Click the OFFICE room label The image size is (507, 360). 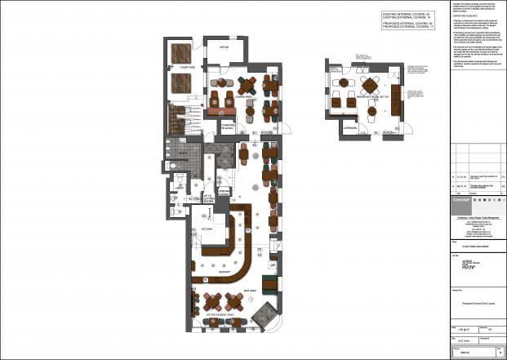pyautogui.click(x=223, y=48)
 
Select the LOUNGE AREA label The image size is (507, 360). pyautogui.click(x=241, y=96)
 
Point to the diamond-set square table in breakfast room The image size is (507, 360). pyautogui.click(x=370, y=83)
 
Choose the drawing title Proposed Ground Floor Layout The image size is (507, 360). pyautogui.click(x=478, y=302)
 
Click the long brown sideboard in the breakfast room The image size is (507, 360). pyautogui.click(x=396, y=99)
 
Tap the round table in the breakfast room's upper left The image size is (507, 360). pyautogui.click(x=344, y=83)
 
